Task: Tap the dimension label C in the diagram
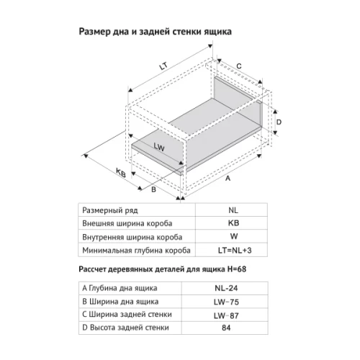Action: [x=238, y=66]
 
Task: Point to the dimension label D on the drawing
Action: [x=278, y=123]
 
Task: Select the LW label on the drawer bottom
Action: [x=159, y=147]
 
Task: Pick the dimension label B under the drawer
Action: [x=154, y=190]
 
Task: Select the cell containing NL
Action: [x=233, y=210]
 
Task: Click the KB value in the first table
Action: [x=233, y=223]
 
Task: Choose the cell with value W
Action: [x=233, y=236]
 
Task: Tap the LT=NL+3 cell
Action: [x=233, y=250]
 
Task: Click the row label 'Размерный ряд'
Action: [x=109, y=210]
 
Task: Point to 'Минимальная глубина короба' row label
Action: [x=136, y=250]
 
